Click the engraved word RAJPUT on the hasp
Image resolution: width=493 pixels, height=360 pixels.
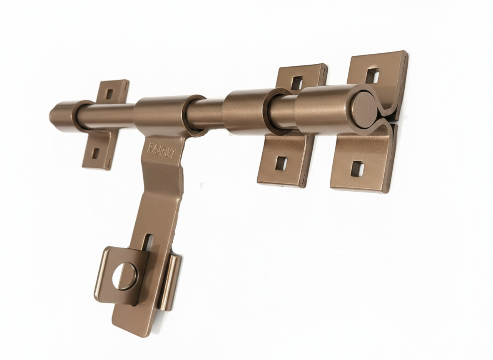click(x=162, y=150)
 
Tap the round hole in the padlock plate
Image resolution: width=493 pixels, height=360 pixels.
click(x=124, y=276)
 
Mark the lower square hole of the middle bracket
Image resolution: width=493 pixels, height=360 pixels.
click(x=280, y=163)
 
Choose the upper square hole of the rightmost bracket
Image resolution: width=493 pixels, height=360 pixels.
click(x=372, y=74)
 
